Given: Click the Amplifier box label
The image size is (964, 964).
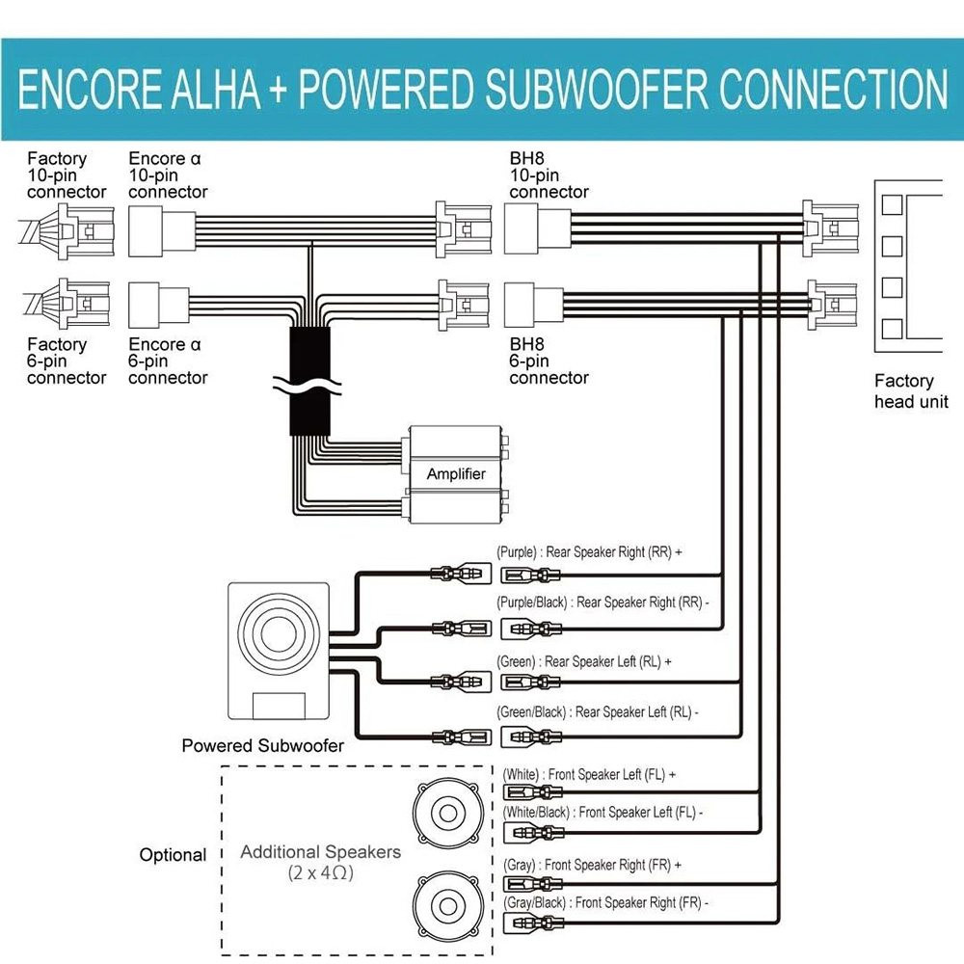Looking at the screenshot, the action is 456,473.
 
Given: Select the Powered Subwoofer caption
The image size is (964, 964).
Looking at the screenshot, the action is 262,746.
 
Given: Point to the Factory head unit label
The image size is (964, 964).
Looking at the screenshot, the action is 911,391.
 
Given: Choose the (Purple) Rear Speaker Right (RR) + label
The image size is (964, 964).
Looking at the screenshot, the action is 589,551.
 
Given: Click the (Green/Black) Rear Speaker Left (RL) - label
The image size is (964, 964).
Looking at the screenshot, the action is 597,712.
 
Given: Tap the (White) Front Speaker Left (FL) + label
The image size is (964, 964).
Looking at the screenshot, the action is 589,774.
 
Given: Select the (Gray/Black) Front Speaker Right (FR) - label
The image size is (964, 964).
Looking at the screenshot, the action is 605,902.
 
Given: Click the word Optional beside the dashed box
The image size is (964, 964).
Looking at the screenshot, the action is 173,855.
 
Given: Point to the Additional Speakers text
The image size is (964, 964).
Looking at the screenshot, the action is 320,851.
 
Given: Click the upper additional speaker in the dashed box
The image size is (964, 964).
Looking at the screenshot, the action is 447,814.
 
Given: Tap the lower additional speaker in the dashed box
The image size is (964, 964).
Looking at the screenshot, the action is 447,904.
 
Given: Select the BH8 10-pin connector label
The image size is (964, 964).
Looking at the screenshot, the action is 549,175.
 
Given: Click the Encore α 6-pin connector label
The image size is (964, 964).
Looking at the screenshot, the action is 168,361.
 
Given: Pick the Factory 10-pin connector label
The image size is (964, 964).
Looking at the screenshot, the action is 67,175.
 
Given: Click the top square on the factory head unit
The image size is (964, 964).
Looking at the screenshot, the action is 892,204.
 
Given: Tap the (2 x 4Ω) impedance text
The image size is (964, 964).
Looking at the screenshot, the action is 320,873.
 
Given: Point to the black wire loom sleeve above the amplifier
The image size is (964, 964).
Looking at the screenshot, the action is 309,381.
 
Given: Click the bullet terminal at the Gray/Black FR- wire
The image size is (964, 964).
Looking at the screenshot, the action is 533,923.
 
